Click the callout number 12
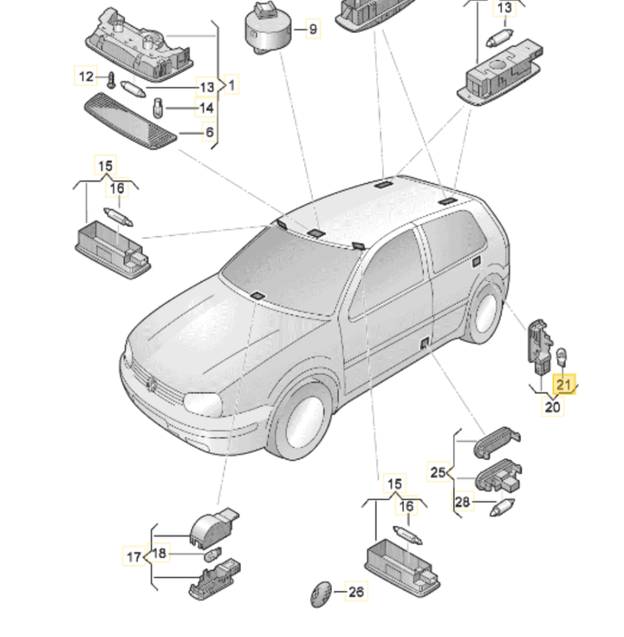tap(86, 76)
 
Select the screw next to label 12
tap(111, 80)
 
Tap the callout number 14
tap(206, 108)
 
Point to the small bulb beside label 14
tap(158, 108)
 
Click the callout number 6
tap(210, 132)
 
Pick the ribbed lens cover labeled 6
tap(130, 121)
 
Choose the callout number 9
tap(313, 30)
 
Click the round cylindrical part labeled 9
tap(268, 30)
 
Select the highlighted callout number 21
tap(564, 384)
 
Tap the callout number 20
tap(553, 407)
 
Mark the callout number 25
tap(438, 472)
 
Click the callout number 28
tap(462, 502)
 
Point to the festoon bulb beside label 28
tap(502, 508)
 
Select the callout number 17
tap(133, 556)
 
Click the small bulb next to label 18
tap(212, 555)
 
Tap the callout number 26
tap(356, 592)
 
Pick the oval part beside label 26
tap(321, 594)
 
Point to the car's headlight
tap(203, 404)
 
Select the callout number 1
tap(231, 85)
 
